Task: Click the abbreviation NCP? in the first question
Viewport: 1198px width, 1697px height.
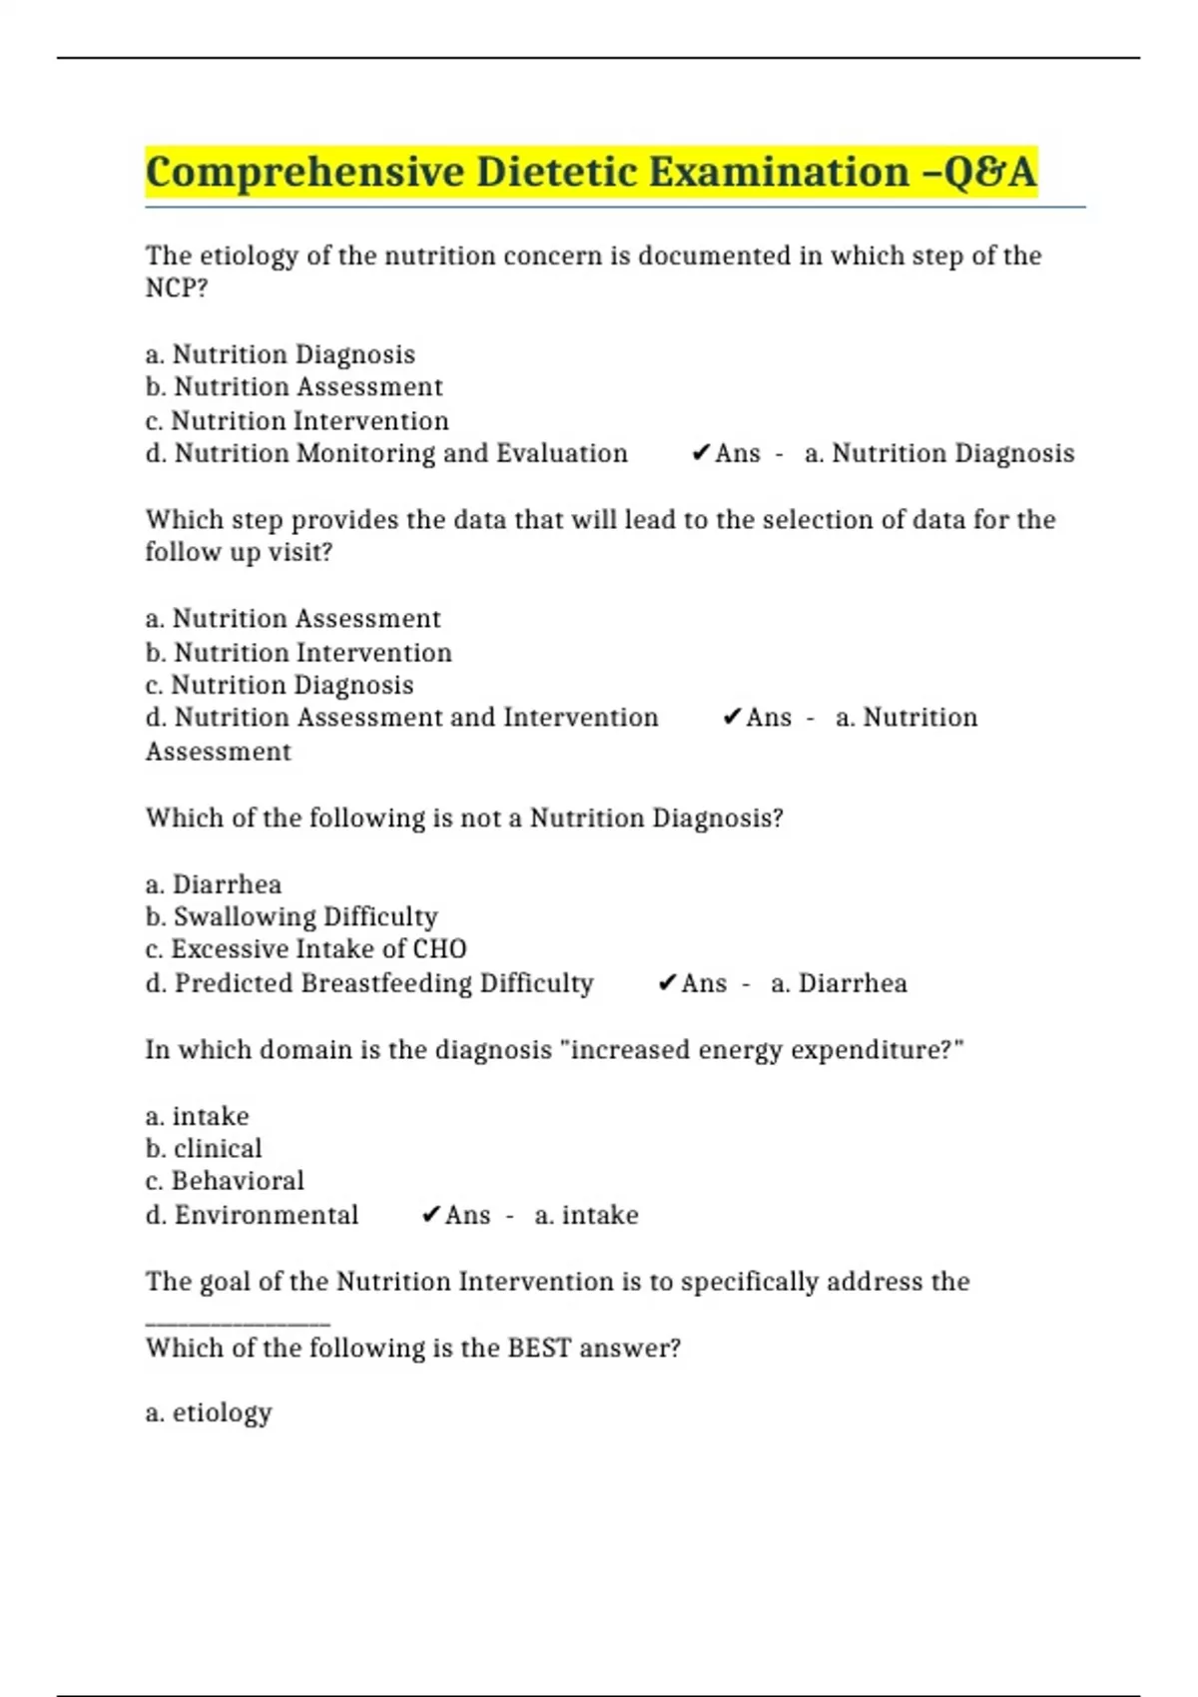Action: click(177, 288)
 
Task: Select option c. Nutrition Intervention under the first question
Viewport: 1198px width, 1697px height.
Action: click(297, 421)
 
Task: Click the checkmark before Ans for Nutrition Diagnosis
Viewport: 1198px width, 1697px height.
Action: click(700, 454)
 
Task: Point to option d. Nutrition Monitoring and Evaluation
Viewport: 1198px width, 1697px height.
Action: click(386, 454)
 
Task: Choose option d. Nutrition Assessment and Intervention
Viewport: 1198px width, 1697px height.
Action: click(401, 718)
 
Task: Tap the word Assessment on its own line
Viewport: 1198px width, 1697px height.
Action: click(219, 752)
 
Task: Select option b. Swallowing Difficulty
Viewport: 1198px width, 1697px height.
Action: click(292, 916)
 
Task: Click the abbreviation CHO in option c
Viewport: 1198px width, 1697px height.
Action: click(439, 949)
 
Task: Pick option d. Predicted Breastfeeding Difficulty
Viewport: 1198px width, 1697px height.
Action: click(369, 983)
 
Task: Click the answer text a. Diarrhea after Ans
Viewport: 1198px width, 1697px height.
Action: click(839, 983)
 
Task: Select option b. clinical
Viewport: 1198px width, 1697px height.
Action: click(204, 1148)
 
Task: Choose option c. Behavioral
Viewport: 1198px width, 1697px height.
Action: click(225, 1181)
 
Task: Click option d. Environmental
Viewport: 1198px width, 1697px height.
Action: click(252, 1215)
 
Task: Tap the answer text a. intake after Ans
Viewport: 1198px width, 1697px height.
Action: click(586, 1215)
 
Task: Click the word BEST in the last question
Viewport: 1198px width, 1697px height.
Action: click(539, 1348)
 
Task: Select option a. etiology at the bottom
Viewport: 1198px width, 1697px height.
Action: click(209, 1413)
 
